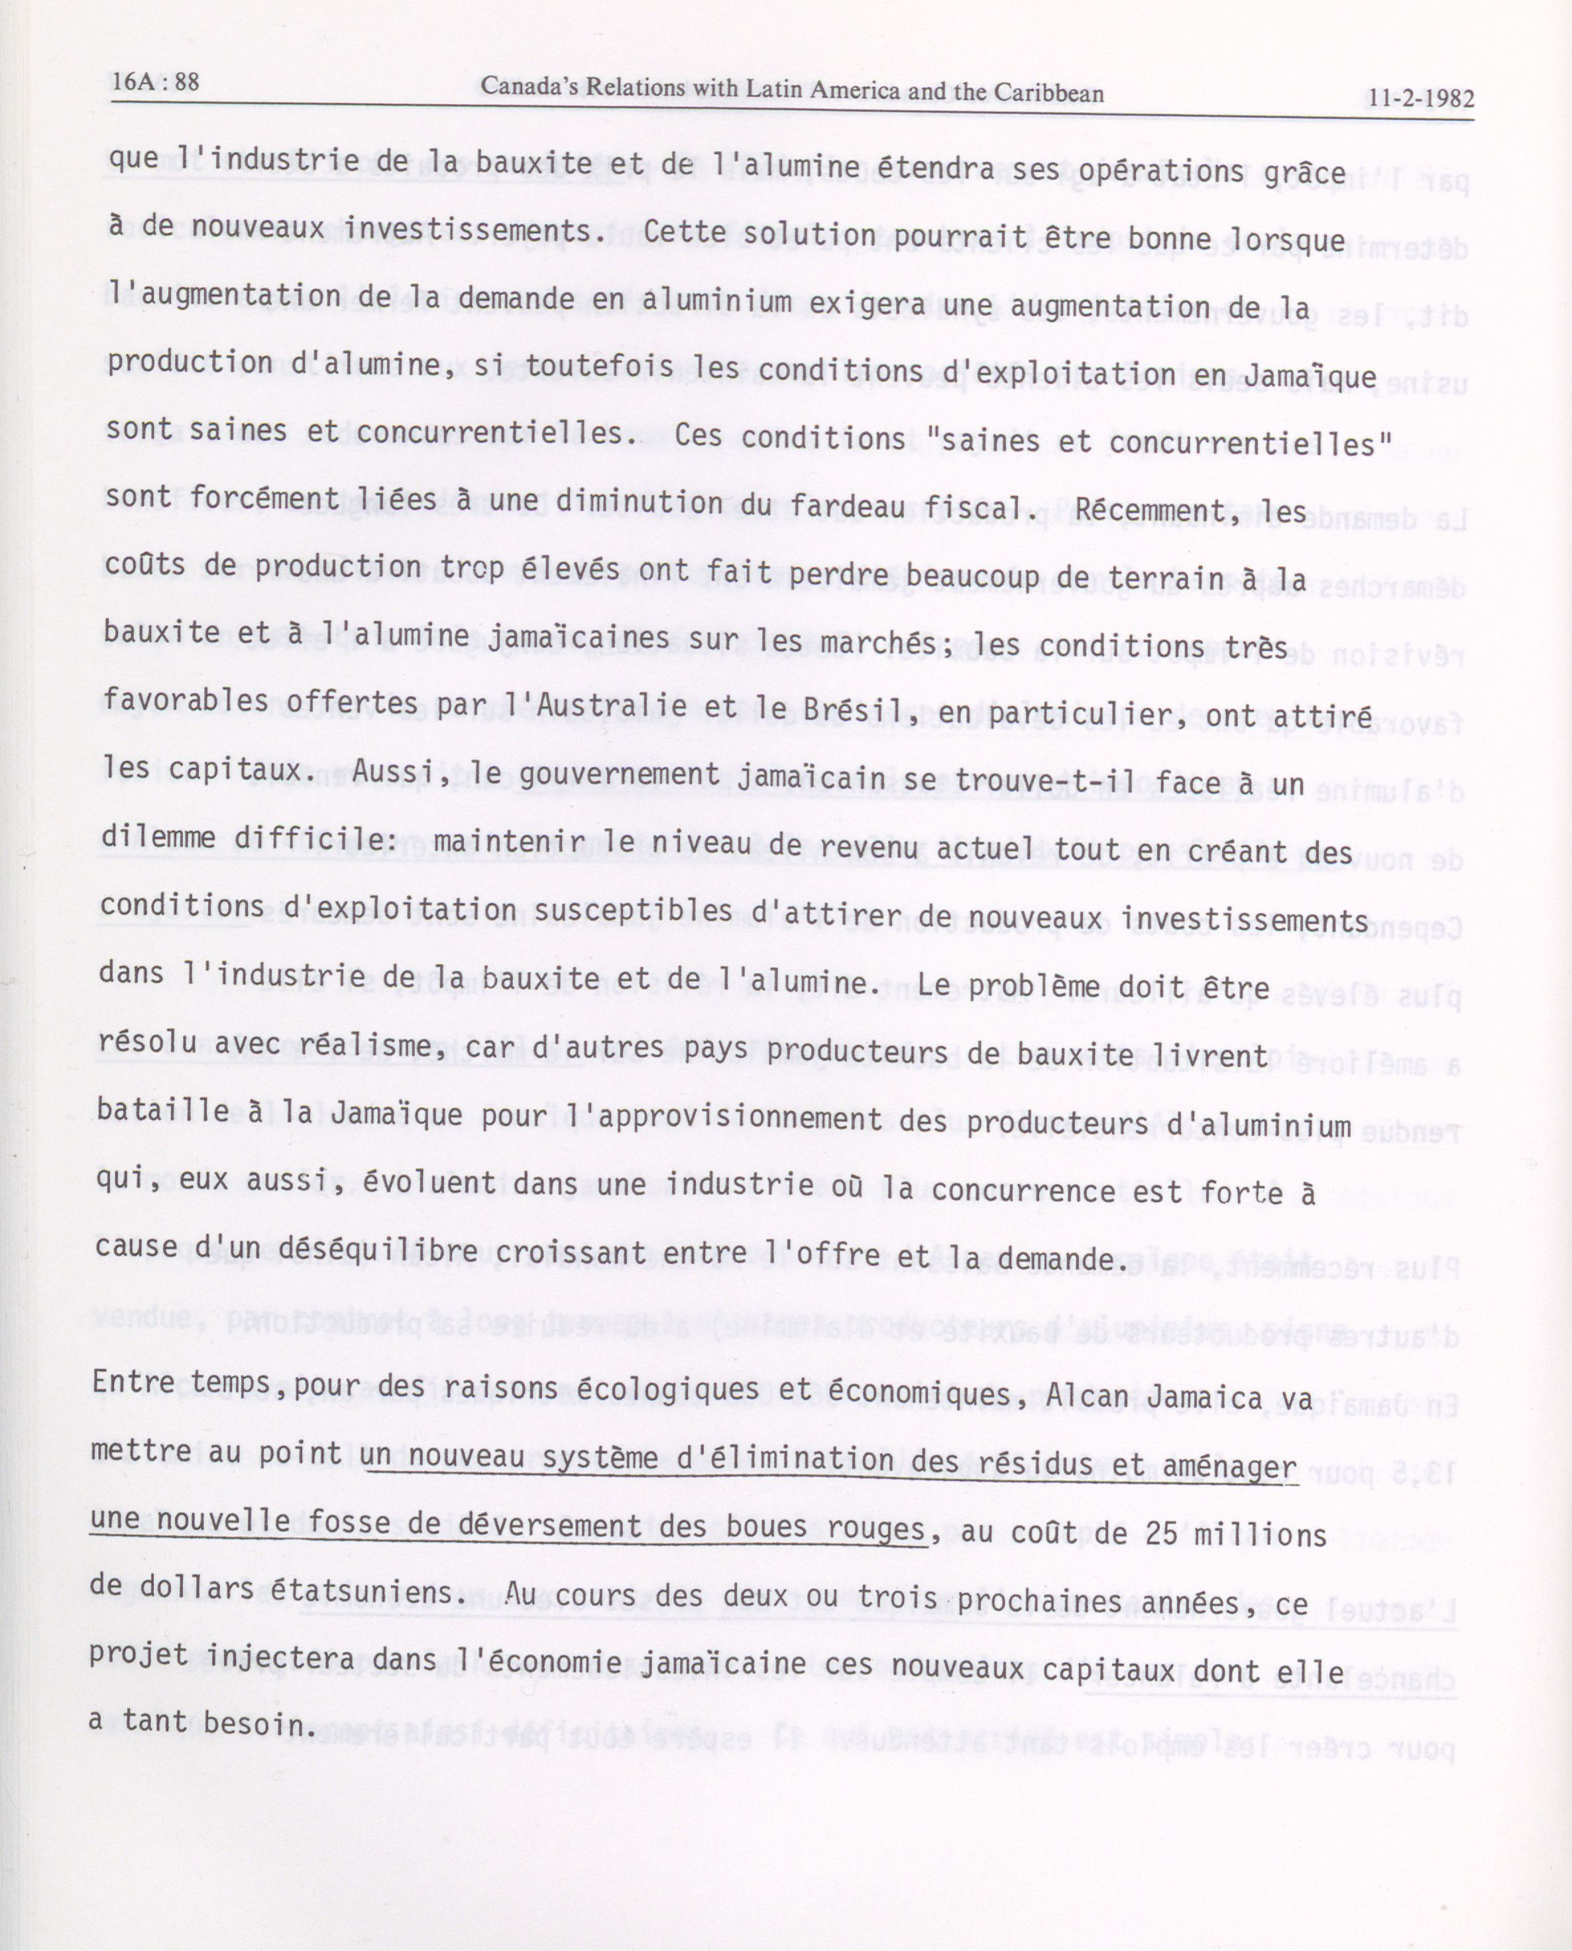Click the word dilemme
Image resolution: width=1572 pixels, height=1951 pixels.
pos(156,839)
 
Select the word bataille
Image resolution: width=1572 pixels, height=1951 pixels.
pos(162,1110)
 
